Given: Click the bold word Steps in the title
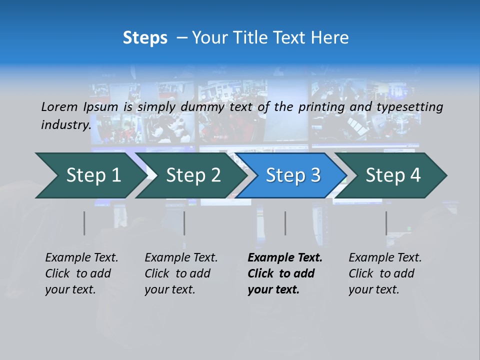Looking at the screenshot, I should [x=145, y=38].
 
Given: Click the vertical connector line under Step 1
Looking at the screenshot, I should [x=84, y=223].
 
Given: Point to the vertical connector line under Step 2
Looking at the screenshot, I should [x=184, y=223].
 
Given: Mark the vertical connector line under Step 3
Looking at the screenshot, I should [x=285, y=223].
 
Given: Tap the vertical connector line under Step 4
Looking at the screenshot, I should [x=386, y=223].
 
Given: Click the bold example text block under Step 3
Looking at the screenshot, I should [x=285, y=273].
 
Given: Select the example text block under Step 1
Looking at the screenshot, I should [x=81, y=273].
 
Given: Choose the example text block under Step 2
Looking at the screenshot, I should [x=181, y=273].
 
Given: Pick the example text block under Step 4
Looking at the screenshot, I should [x=385, y=273].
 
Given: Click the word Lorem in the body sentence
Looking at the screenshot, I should [x=59, y=106].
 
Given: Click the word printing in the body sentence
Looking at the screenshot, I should [x=320, y=106].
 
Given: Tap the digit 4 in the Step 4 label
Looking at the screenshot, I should [x=415, y=175].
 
